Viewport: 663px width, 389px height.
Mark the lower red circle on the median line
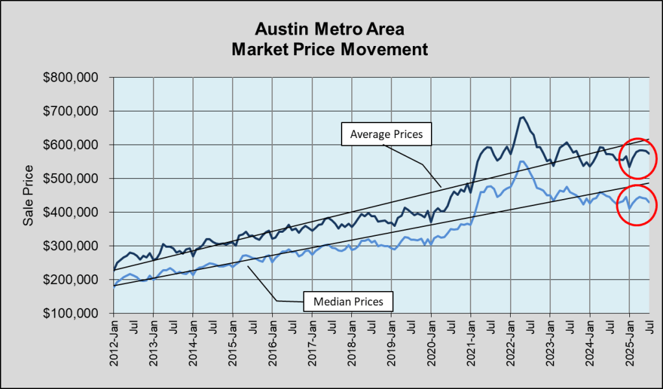point(635,204)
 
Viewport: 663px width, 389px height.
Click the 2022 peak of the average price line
point(522,117)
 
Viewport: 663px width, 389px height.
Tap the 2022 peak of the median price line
point(522,161)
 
